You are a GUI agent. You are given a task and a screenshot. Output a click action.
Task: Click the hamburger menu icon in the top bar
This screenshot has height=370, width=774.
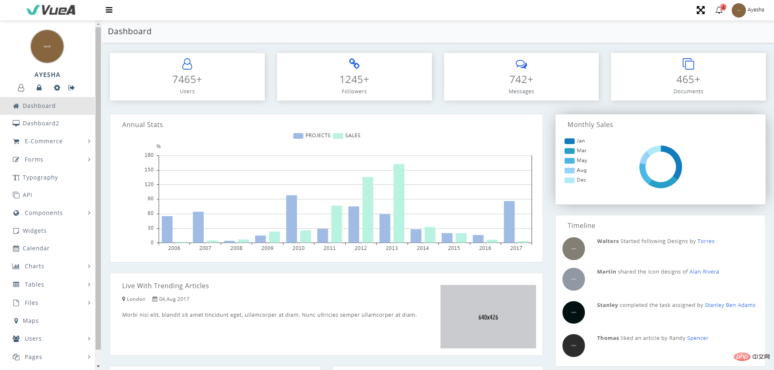coord(109,10)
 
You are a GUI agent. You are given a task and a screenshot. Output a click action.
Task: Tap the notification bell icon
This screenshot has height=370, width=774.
coord(719,10)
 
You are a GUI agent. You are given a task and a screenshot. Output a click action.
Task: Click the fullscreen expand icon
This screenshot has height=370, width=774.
coord(700,10)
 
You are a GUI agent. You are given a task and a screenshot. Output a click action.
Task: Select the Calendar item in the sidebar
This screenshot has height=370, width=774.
coord(36,248)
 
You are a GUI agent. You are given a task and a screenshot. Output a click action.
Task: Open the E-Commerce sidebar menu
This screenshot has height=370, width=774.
coord(44,141)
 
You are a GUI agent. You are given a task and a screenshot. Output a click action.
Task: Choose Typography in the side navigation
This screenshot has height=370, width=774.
coord(40,177)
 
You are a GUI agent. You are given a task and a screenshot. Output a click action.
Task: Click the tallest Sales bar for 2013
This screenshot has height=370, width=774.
coord(399,203)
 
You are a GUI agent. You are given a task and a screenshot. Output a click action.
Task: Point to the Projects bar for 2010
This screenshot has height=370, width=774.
coord(292,219)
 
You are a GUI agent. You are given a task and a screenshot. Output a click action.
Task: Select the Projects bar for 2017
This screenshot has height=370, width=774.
coord(509,222)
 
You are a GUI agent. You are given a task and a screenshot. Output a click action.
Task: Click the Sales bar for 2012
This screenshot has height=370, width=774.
coord(368,210)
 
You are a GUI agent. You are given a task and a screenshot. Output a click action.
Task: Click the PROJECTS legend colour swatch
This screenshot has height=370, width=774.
coord(298,136)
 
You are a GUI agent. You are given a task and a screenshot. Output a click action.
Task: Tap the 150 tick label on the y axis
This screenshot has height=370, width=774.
coord(149,170)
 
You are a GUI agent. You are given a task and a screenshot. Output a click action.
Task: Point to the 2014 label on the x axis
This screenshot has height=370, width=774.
coord(423,248)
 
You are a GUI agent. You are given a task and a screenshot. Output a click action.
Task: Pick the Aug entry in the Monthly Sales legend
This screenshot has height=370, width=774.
coord(581,170)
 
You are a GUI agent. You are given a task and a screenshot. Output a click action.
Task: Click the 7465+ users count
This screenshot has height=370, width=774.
coord(187,79)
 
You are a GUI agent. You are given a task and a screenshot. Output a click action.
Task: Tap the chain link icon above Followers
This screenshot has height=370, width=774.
coord(354,63)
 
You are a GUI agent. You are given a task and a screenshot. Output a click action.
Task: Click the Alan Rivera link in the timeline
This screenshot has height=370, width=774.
coord(704,272)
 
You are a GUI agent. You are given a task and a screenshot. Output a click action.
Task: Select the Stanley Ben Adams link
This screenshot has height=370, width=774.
coord(730,305)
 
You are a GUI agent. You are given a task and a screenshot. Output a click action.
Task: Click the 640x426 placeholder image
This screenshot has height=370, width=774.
coord(488,317)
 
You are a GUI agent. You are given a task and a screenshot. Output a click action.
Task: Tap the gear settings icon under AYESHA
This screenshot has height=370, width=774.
coord(57,88)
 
